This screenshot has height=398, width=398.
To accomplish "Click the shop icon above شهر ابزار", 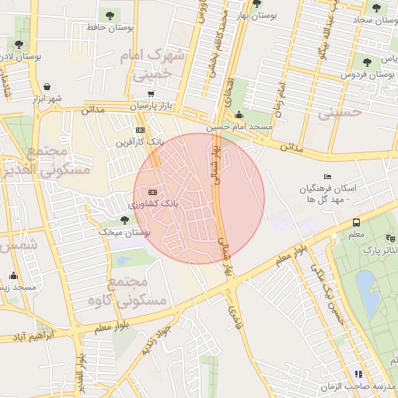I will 48,86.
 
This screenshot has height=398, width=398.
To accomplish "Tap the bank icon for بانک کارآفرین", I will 140,130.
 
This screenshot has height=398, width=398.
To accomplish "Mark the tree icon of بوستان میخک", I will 124,220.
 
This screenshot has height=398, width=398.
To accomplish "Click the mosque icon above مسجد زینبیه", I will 13,275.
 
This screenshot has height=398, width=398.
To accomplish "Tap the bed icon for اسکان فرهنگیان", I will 327,177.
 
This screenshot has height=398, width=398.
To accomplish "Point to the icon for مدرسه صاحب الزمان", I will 358,375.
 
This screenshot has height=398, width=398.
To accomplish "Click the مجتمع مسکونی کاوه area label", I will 134,290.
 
